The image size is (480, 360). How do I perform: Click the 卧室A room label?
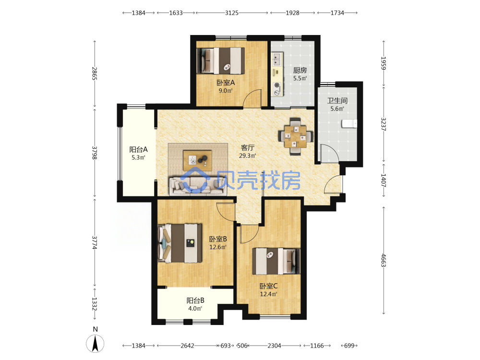(226, 83)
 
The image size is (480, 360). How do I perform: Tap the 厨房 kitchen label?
(300, 71)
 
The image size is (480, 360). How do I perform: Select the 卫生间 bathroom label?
(337, 101)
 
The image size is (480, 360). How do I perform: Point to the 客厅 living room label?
(248, 147)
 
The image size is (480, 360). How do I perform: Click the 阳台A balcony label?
(138, 149)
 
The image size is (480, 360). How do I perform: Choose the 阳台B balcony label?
(195, 300)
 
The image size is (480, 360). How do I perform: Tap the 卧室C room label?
(268, 286)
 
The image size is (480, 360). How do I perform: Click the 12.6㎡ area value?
(218, 247)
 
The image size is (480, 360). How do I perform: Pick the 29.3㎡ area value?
(248, 156)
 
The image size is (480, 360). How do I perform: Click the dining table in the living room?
(295, 136)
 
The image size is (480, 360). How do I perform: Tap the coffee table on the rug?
(197, 160)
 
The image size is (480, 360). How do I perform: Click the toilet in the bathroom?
(349, 123)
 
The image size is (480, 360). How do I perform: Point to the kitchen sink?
(277, 60)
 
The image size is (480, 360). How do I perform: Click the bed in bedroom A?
(221, 60)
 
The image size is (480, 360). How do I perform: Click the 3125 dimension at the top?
(232, 13)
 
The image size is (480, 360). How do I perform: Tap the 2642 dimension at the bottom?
(187, 346)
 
